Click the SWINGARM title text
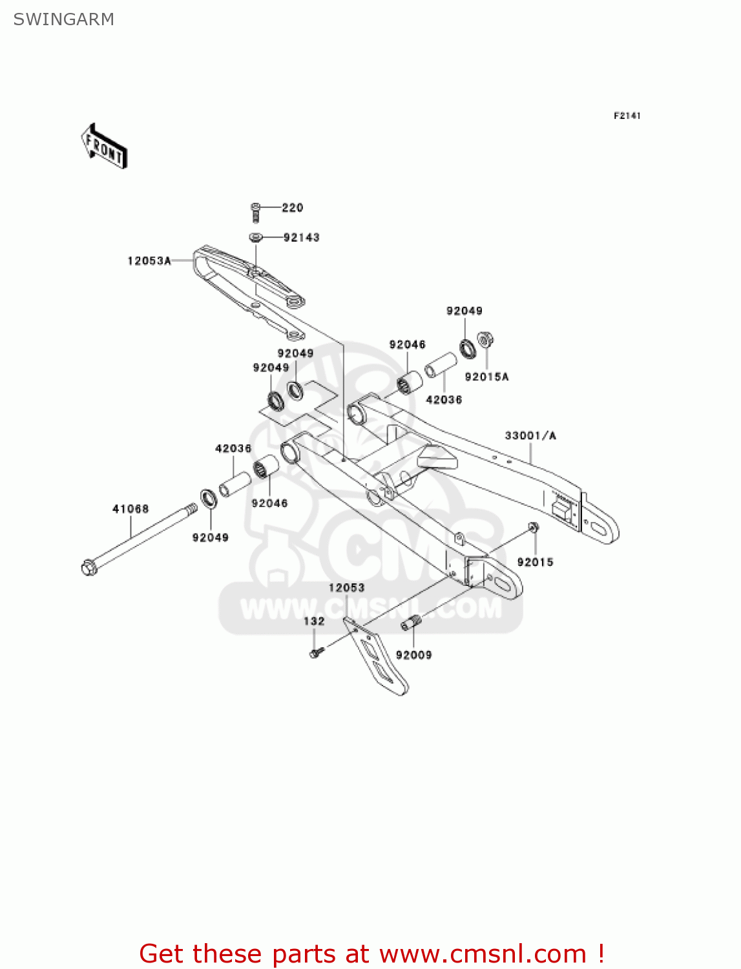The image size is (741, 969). click(x=63, y=19)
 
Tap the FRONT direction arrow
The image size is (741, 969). click(x=104, y=147)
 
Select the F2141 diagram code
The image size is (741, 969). click(x=627, y=116)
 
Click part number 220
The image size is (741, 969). click(x=292, y=207)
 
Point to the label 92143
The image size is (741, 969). click(x=301, y=238)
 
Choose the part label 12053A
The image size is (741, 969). click(x=149, y=261)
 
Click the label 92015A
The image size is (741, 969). click(x=486, y=377)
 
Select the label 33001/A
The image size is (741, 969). click(x=530, y=435)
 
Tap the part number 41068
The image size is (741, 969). click(x=130, y=509)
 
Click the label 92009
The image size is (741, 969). click(x=413, y=655)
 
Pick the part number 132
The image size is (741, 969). click(x=314, y=621)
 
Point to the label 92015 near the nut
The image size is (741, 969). click(x=535, y=562)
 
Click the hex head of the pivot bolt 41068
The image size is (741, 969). click(x=89, y=568)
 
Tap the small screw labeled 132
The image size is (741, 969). click(x=315, y=654)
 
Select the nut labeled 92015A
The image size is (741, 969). click(x=485, y=340)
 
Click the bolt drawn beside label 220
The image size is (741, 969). click(x=256, y=211)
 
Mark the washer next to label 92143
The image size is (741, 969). click(x=256, y=238)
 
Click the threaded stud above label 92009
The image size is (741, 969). click(x=410, y=623)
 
